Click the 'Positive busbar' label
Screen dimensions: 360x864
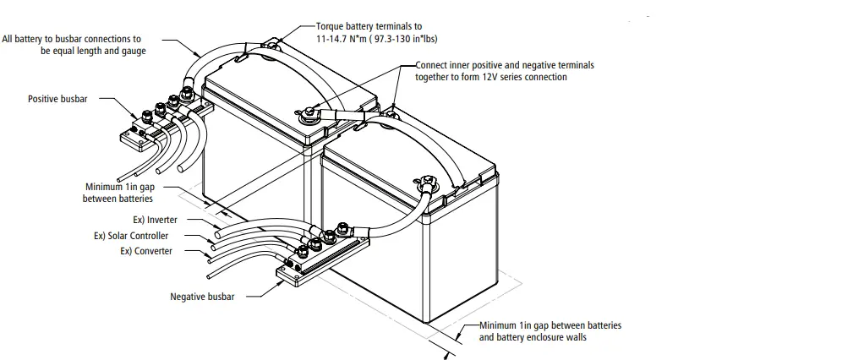point(57,99)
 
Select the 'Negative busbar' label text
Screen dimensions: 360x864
point(202,297)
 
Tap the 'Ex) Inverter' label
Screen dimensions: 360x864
point(150,220)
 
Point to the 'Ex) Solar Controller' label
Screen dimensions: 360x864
point(131,236)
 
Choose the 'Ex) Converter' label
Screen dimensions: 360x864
point(146,251)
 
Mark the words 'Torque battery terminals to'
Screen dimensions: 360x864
point(369,27)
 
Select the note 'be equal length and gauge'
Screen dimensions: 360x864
point(93,51)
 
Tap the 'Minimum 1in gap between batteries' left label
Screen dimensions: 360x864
point(119,193)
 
